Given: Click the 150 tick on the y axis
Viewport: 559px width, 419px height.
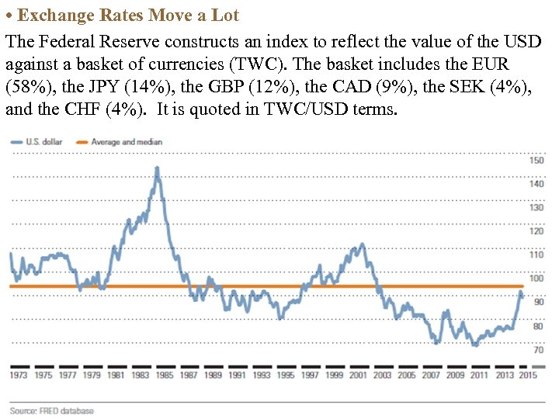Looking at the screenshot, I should click(x=536, y=161).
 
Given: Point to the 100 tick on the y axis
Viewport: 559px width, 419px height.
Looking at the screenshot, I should click(x=536, y=279).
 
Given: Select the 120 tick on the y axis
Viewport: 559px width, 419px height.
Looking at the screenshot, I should click(x=536, y=231).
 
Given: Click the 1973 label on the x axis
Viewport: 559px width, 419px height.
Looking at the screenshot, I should click(x=19, y=376).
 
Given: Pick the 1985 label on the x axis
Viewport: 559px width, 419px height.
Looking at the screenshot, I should click(x=165, y=376).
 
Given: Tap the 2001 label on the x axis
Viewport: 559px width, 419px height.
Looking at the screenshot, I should click(x=358, y=376).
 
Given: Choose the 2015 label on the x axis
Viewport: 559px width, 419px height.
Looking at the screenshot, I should click(x=528, y=376).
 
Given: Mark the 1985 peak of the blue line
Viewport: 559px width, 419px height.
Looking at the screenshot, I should click(x=157, y=168).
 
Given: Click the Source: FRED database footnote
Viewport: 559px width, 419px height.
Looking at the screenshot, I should click(x=51, y=410).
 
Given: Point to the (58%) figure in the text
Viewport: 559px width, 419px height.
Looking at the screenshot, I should click(x=25, y=85).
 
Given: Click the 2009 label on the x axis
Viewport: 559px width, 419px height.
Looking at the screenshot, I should click(x=455, y=376).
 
